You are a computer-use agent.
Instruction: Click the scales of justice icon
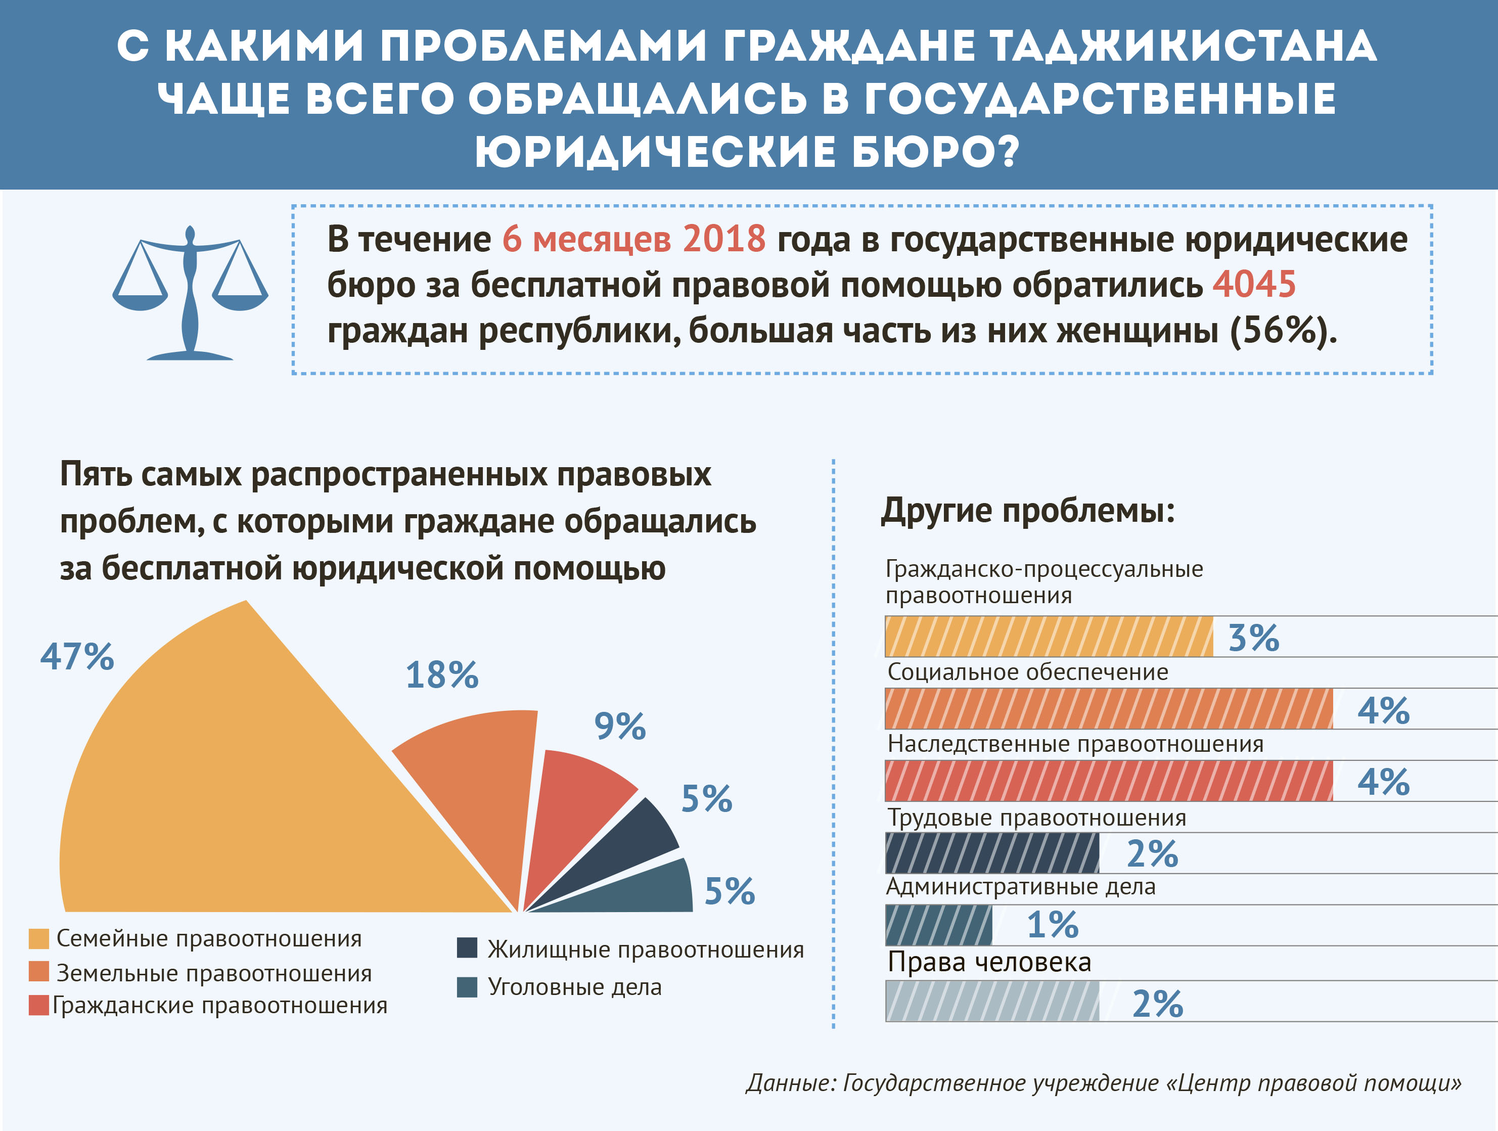190,293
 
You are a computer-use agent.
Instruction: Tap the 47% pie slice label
77,656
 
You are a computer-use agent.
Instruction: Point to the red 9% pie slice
569,806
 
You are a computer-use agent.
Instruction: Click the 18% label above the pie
441,675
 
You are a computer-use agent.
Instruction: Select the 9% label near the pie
620,726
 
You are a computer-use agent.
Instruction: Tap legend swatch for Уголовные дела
467,987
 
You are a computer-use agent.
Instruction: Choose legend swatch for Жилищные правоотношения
467,948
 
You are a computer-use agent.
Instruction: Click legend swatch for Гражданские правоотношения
38,1005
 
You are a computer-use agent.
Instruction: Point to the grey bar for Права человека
992,1001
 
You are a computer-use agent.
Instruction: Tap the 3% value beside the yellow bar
1253,638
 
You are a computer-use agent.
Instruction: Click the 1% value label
1053,925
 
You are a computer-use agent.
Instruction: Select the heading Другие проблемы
1027,511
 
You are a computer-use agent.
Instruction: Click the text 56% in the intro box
1277,331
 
